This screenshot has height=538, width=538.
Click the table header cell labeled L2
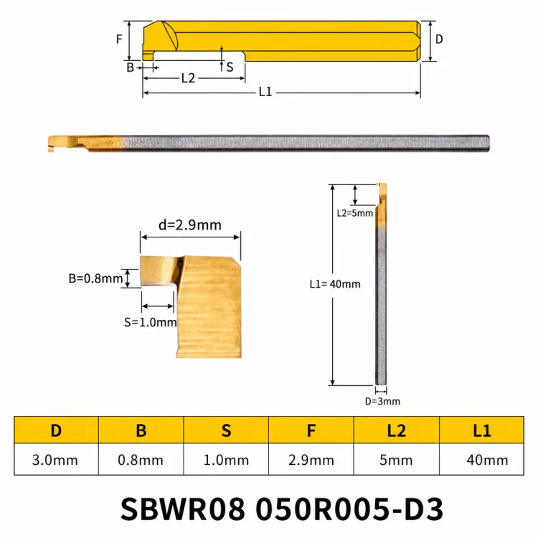[396, 430]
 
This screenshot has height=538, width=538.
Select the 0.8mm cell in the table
[141, 459]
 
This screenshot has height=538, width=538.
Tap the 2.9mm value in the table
[311, 459]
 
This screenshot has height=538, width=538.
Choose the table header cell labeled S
[226, 430]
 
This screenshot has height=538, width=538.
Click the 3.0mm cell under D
[55, 459]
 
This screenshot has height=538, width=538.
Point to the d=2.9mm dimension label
[190, 225]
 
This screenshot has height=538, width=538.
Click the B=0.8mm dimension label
[95, 278]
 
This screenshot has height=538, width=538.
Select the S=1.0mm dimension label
[151, 323]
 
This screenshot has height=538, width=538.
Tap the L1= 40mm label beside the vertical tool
[335, 284]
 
